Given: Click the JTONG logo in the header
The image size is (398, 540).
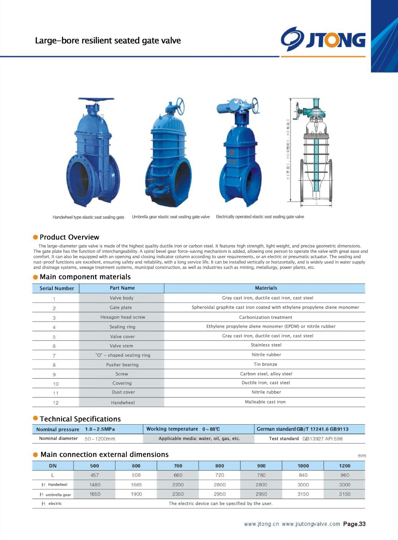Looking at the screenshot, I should [x=323, y=39].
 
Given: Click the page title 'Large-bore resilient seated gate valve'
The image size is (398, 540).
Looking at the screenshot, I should [x=108, y=40].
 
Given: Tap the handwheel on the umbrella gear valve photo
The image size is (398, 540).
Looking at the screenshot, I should [x=179, y=106].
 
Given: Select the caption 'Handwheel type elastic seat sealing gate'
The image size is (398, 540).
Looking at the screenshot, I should [x=88, y=217].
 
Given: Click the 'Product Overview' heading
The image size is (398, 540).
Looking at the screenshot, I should [x=69, y=237].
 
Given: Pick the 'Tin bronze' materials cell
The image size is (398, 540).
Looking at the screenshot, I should [x=265, y=364].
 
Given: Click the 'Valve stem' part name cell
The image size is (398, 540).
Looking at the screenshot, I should [x=121, y=346].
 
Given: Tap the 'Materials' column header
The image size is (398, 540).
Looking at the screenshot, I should [x=266, y=288].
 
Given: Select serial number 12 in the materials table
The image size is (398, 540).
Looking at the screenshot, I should [x=56, y=403].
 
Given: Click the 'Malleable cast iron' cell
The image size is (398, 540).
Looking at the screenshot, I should [x=265, y=402].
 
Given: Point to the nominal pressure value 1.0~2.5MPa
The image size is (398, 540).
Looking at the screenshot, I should [x=100, y=429].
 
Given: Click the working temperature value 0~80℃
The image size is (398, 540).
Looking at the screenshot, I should [x=211, y=429].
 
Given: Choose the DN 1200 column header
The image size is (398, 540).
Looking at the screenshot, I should [x=344, y=466].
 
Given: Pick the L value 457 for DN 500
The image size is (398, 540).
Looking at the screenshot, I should [x=95, y=475].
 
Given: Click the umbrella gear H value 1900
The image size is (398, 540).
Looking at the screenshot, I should [x=136, y=494].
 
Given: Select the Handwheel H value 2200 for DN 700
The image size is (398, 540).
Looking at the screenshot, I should [x=178, y=485].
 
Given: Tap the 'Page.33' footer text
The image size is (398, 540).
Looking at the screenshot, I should [x=354, y=524].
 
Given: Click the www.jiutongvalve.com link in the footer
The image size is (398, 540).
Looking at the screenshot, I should [x=311, y=524].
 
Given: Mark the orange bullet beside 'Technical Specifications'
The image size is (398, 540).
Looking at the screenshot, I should [x=35, y=418].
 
